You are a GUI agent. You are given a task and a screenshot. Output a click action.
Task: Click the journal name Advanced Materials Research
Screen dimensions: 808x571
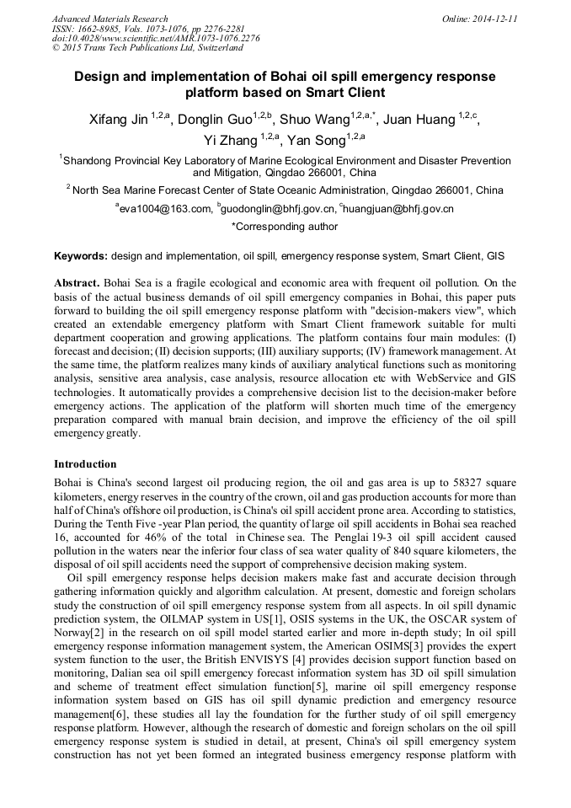tap(109, 18)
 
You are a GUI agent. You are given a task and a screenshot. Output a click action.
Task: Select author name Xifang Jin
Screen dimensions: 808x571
tap(119, 120)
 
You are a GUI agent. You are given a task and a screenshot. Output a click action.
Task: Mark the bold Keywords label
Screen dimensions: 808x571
tap(81, 255)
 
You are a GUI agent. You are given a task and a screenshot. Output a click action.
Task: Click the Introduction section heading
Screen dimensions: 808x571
tap(85, 464)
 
